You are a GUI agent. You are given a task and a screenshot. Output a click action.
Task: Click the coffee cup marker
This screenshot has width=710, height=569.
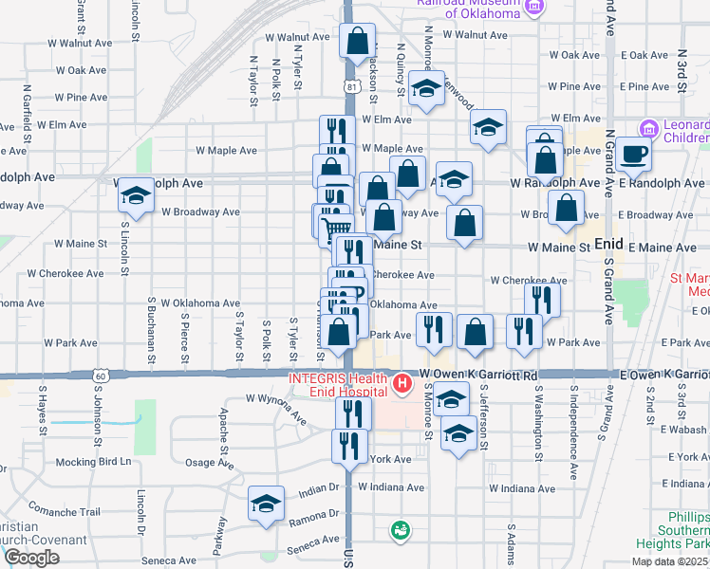coord(633,154)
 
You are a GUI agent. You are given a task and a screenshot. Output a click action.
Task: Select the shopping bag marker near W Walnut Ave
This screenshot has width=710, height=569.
coord(358,42)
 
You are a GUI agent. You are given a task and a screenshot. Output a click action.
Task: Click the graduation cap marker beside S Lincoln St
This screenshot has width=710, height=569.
coord(136,197)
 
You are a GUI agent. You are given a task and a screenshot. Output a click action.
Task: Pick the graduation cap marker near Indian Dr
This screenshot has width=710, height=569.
coord(267,503)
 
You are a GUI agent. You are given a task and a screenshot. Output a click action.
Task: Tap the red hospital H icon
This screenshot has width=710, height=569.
coord(402,384)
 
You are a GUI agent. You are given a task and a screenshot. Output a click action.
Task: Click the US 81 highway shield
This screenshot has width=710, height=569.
coord(352,86)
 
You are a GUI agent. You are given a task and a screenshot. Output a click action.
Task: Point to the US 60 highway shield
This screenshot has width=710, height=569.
coord(100,376)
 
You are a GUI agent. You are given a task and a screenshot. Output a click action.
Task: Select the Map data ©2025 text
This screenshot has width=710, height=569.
coord(668,561)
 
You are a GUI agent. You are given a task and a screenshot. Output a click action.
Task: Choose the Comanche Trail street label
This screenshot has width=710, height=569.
coord(65,511)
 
